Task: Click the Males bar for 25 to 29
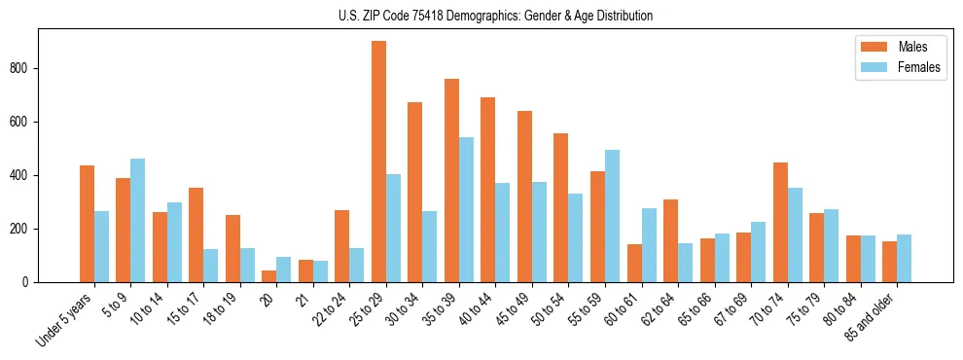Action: coord(378,162)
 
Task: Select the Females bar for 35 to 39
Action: coord(466,209)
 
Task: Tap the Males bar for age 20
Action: coord(268,276)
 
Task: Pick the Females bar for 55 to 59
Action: coord(612,216)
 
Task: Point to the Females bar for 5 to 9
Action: coord(137,220)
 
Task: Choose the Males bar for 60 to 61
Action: coord(634,263)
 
